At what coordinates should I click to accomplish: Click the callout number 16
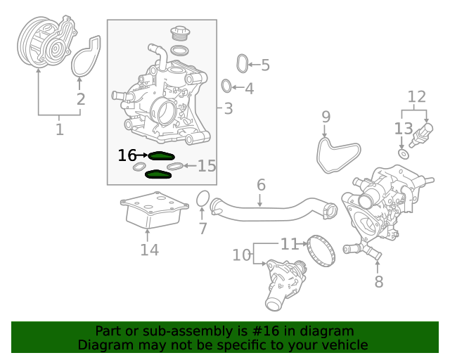(x=127, y=155)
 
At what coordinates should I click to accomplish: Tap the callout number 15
(x=207, y=166)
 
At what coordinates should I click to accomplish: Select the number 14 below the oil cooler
(x=150, y=250)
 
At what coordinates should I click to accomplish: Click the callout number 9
(x=326, y=117)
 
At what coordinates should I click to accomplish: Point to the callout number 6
(x=261, y=185)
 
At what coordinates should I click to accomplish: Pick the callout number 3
(x=228, y=108)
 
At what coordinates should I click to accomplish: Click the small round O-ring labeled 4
(x=226, y=86)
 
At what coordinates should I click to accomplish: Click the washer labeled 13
(x=404, y=154)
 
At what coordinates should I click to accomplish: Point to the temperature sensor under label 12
(x=421, y=135)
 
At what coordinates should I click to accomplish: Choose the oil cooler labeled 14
(x=155, y=210)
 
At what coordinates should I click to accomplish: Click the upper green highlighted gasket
(x=161, y=156)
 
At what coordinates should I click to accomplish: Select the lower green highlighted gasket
(x=158, y=174)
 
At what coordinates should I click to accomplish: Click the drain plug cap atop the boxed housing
(x=181, y=33)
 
